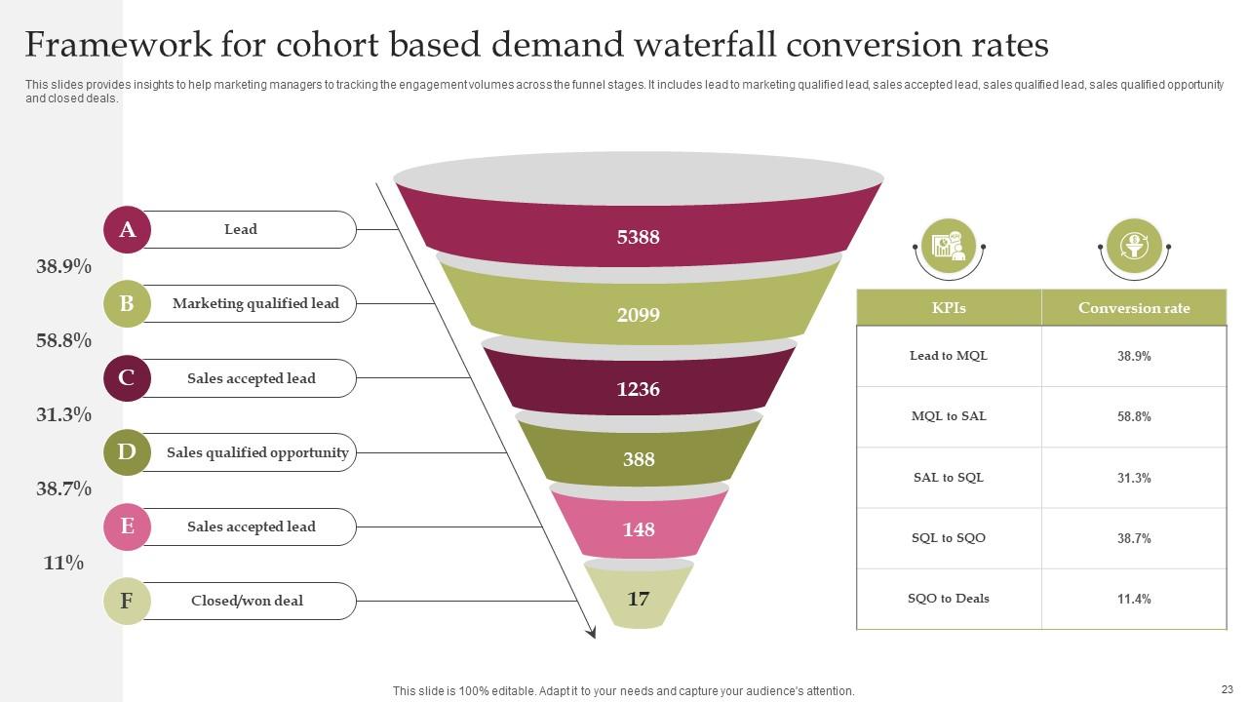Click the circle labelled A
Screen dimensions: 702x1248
click(x=127, y=230)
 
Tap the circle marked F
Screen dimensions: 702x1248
click(x=127, y=601)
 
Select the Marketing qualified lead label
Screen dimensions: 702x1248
click(x=255, y=304)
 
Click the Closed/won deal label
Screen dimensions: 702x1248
click(x=247, y=601)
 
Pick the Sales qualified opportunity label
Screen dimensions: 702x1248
click(x=257, y=452)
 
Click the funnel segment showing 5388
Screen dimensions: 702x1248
click(x=639, y=236)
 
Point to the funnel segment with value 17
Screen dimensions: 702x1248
click(x=639, y=599)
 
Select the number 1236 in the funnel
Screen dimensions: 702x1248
click(x=639, y=389)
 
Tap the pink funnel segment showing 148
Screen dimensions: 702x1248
click(x=639, y=529)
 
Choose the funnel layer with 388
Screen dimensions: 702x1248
click(x=639, y=459)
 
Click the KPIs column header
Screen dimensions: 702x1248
click(x=949, y=308)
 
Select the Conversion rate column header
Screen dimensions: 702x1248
click(x=1134, y=308)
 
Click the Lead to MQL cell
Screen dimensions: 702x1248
click(x=949, y=356)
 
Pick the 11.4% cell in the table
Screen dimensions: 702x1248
click(x=1134, y=599)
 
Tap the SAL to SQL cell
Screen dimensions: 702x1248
click(x=949, y=478)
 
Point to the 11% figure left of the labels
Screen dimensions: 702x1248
click(x=63, y=564)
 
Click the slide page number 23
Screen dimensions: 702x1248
click(x=1227, y=688)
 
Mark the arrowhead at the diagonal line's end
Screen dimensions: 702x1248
click(x=591, y=633)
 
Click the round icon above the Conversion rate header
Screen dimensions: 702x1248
click(x=1134, y=245)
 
